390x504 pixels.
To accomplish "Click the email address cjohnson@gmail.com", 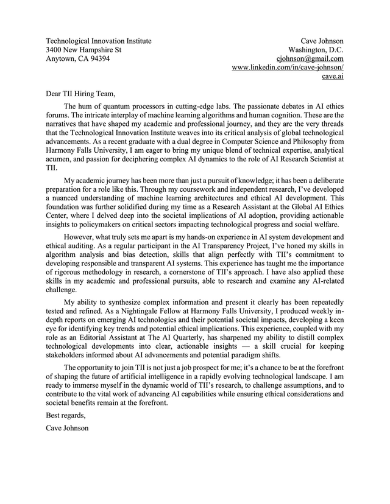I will click(310, 58).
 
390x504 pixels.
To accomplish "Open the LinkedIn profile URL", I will click(288, 68).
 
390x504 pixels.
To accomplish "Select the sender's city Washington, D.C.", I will click(316, 50).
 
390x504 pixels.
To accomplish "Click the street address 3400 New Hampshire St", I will click(84, 50).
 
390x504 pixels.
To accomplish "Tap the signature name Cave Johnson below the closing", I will click(67, 428).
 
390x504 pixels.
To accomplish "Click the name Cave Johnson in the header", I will click(322, 41).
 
